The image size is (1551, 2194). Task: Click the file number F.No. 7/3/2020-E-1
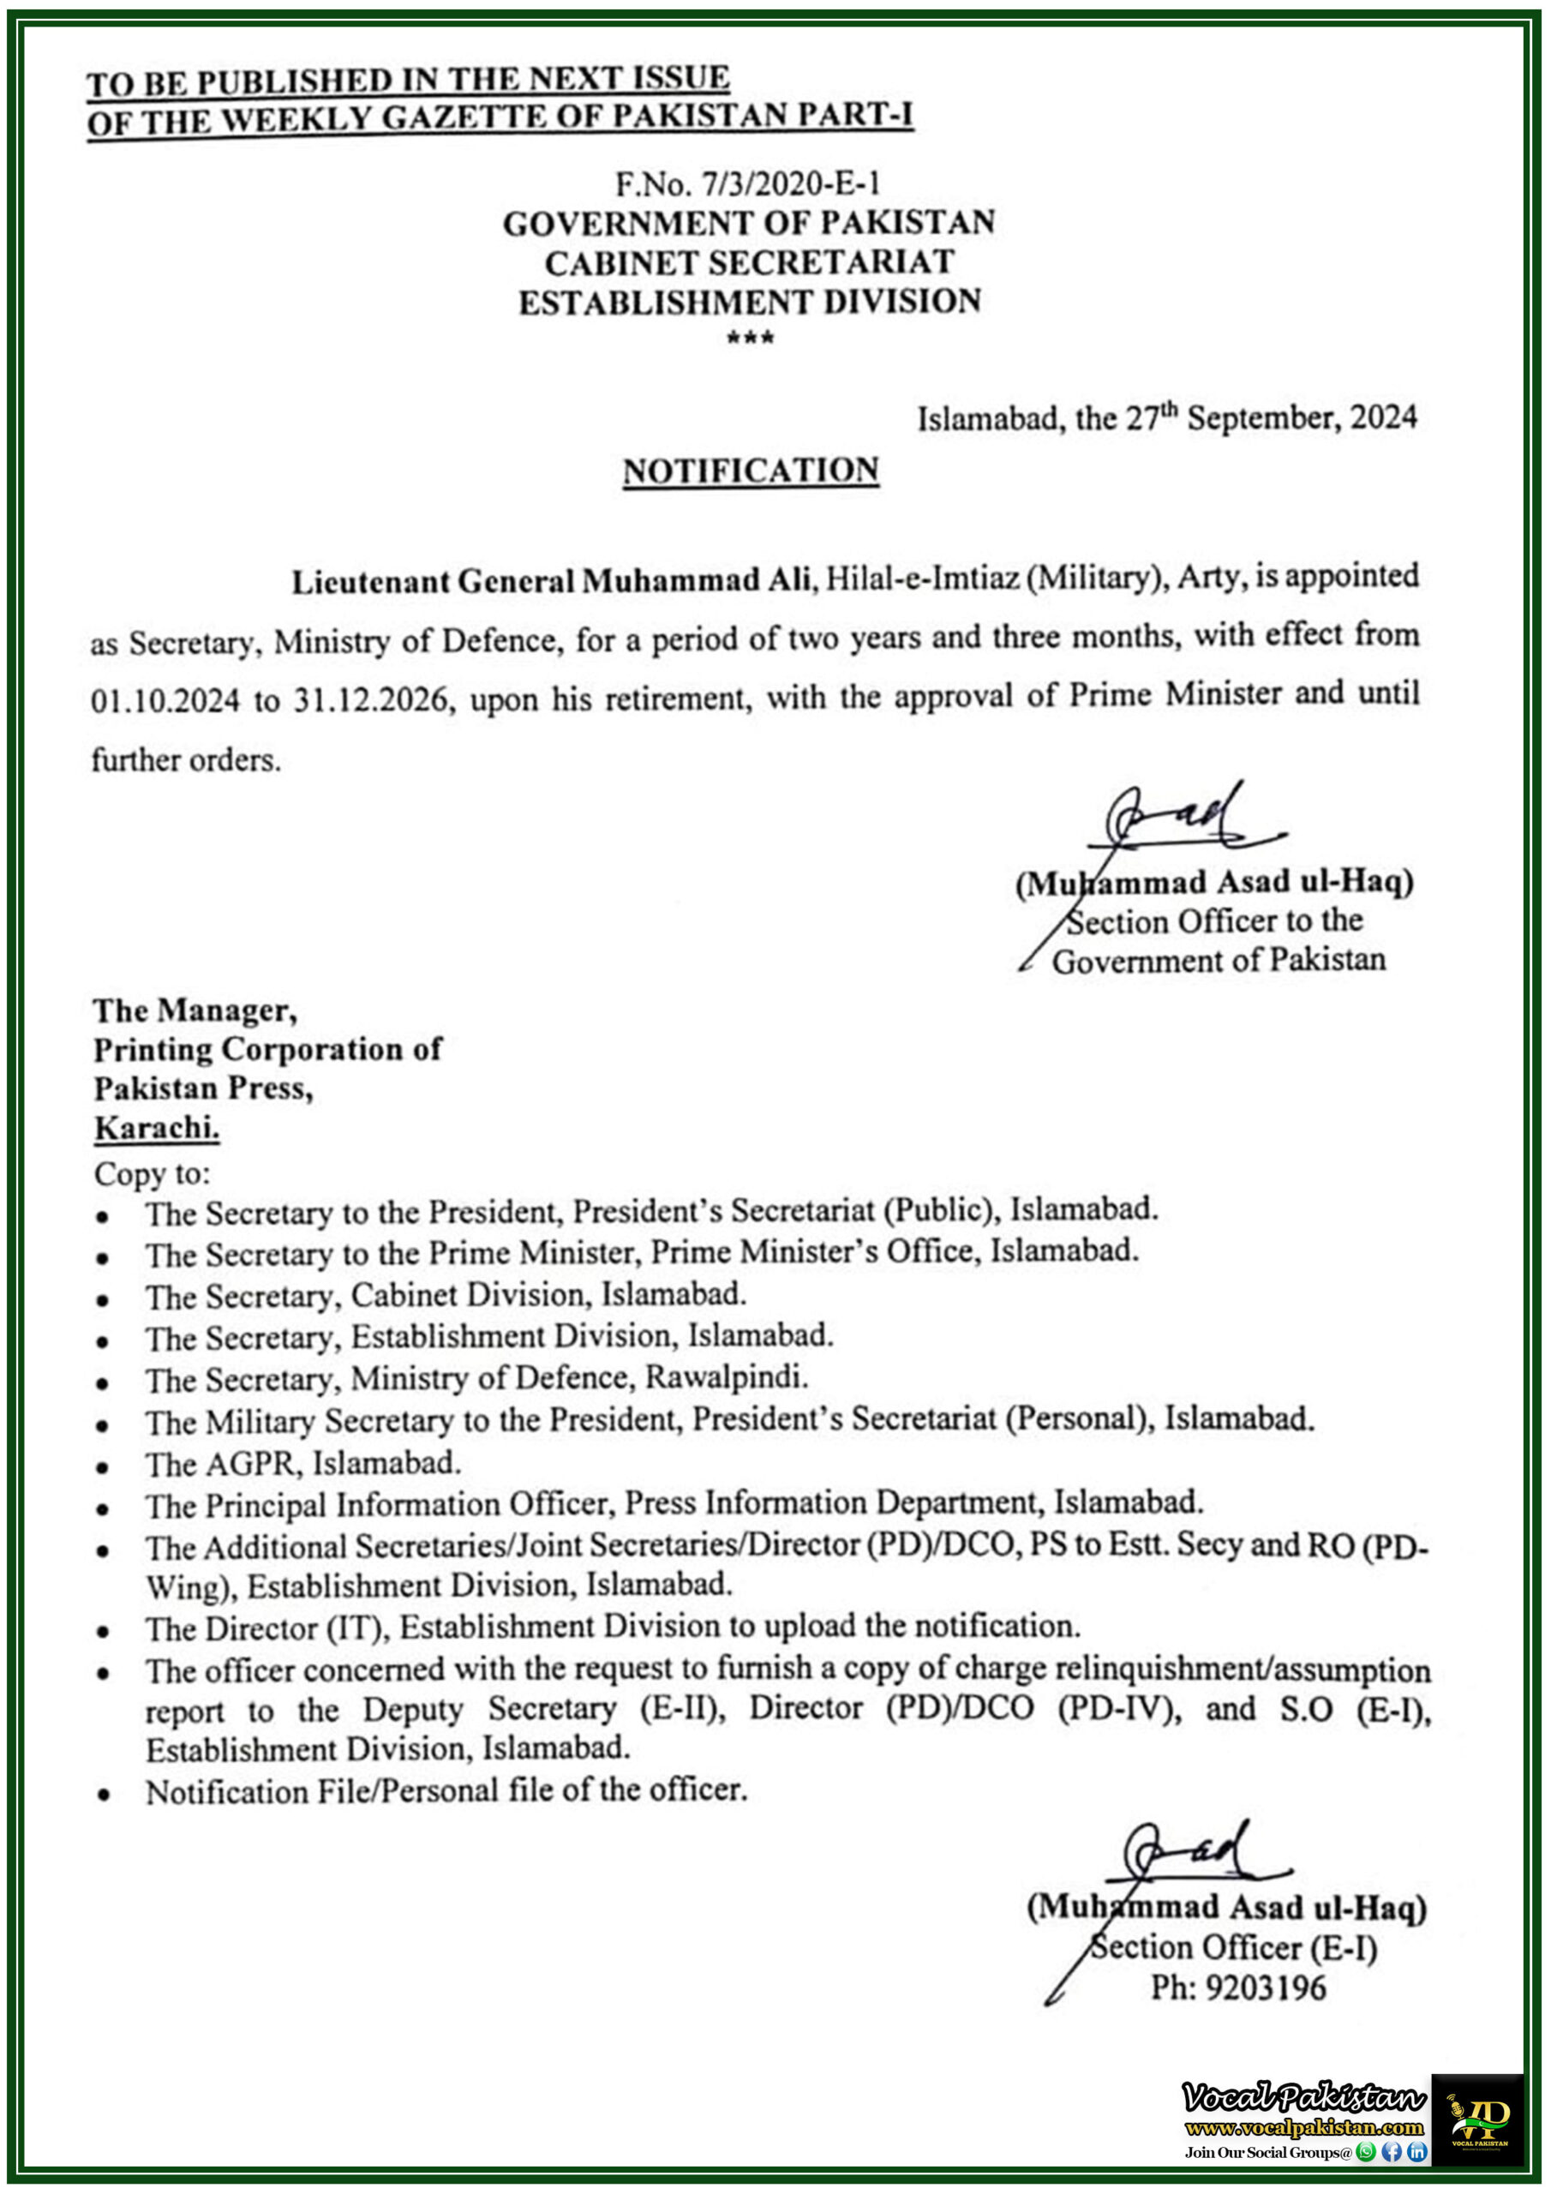point(747,183)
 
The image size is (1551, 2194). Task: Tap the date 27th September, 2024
point(1270,418)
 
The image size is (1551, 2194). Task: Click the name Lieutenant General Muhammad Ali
point(550,581)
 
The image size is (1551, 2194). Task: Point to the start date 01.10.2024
point(165,701)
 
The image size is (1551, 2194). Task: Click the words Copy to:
point(152,1172)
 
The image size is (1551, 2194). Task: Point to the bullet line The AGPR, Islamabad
point(303,1463)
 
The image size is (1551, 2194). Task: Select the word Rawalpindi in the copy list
point(727,1377)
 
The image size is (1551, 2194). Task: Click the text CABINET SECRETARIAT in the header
point(749,262)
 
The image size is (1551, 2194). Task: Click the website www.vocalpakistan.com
point(1303,2127)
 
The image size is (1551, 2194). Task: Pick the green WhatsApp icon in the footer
point(1367,2152)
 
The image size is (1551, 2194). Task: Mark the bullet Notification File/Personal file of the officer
point(446,1790)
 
